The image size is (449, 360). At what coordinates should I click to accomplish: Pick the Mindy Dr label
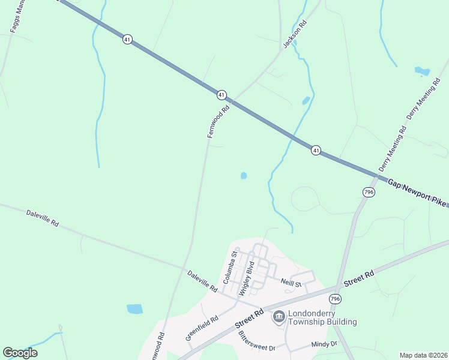click(x=325, y=344)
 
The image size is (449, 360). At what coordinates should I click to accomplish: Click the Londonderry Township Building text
click(x=323, y=317)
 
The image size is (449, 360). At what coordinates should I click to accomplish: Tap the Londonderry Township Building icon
click(x=279, y=316)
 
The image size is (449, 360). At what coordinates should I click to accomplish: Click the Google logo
click(x=20, y=353)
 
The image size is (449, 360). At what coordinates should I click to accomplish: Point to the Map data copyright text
click(x=423, y=355)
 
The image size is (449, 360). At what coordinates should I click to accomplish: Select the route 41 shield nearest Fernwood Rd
click(x=221, y=95)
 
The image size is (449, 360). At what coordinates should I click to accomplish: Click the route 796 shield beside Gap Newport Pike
click(x=369, y=191)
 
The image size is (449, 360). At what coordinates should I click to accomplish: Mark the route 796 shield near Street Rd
click(x=335, y=299)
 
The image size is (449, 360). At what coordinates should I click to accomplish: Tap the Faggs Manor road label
click(x=16, y=17)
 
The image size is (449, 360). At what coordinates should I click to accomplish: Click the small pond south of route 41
click(x=244, y=176)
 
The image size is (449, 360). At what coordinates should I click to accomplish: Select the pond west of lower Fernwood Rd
click(x=135, y=309)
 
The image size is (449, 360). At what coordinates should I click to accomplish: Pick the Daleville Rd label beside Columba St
click(x=202, y=281)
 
